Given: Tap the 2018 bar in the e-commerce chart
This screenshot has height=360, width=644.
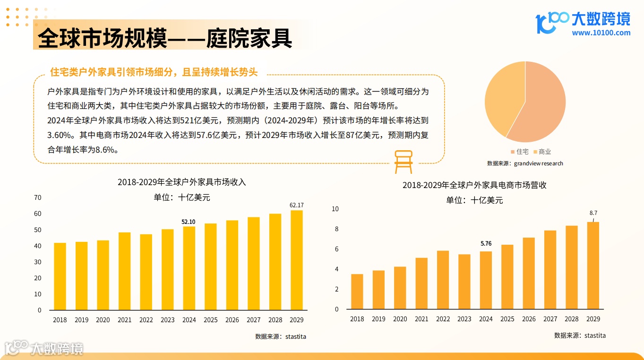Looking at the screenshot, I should coord(357,291).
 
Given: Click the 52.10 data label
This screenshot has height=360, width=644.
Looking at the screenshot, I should coord(189,222).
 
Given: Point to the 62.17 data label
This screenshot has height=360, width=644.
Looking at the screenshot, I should coord(297,205).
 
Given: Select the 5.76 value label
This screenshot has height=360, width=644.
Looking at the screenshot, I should coord(486,244).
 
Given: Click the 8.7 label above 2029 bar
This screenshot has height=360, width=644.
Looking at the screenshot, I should coord(593,213).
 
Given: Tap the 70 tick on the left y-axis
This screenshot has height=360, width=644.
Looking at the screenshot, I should coord(38,197).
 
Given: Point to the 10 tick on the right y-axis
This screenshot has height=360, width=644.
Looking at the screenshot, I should coord(335,209).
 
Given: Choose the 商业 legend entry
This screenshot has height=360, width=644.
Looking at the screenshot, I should coord(542,152).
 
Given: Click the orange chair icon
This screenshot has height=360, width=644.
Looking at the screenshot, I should coord(404,162).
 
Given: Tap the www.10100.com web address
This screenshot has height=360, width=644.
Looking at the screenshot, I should coord(601,33).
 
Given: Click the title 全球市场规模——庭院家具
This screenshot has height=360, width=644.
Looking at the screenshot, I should coord(165,38).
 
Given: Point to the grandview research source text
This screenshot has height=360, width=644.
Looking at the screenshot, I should coord(525,163).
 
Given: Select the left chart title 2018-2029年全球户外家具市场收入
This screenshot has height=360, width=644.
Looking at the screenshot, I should coord(182,182).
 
